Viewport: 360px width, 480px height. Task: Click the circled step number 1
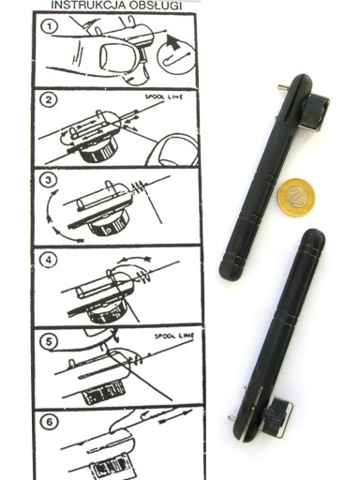pyautogui.click(x=50, y=26)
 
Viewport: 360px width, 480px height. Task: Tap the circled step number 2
pyautogui.click(x=49, y=100)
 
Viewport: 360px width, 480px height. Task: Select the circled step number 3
pyautogui.click(x=49, y=180)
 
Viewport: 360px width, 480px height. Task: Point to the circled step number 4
pyautogui.click(x=49, y=260)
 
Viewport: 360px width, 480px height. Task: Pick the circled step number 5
pyautogui.click(x=49, y=341)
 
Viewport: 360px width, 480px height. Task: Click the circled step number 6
pyautogui.click(x=50, y=422)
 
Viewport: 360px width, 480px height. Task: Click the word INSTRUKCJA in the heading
pyautogui.click(x=82, y=6)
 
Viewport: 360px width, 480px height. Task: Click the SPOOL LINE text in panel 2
pyautogui.click(x=164, y=97)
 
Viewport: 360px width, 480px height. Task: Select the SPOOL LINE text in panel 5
pyautogui.click(x=174, y=337)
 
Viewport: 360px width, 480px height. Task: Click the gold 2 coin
pyautogui.click(x=296, y=197)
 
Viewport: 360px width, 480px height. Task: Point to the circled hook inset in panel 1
pyautogui.click(x=177, y=57)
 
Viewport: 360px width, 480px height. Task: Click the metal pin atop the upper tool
pyautogui.click(x=284, y=87)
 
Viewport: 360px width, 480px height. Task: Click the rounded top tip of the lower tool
pyautogui.click(x=314, y=236)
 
